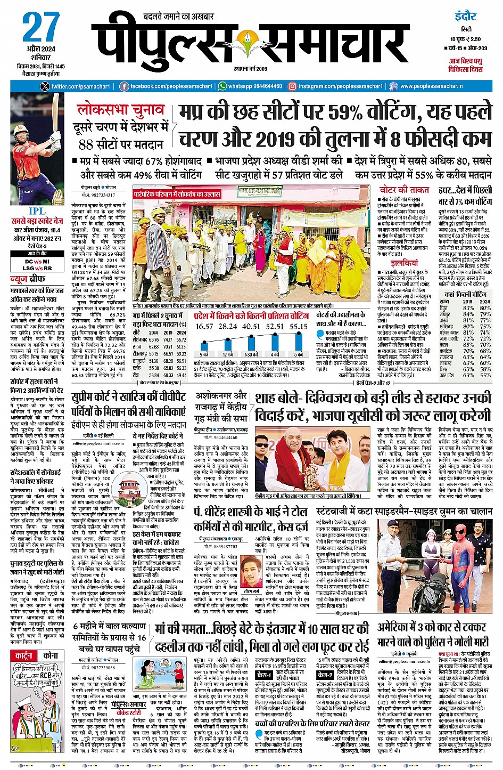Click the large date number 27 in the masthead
point(40,28)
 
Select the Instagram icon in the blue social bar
point(292,86)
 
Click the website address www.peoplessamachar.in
point(431,86)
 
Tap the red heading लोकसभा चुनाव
point(121,110)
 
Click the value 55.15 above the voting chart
point(298,326)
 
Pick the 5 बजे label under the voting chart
point(299,355)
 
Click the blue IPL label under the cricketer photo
point(37,212)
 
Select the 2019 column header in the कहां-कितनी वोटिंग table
point(467,302)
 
